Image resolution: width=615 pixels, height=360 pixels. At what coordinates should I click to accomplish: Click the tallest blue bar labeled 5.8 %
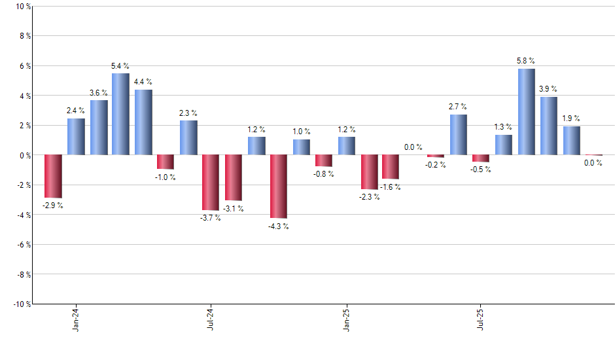coord(527,112)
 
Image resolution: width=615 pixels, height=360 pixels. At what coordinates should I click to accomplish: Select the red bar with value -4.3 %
coord(279,187)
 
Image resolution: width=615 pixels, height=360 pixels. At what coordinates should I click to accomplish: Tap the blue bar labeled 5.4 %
coord(120,114)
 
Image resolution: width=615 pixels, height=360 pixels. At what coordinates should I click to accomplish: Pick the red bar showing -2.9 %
coord(53,176)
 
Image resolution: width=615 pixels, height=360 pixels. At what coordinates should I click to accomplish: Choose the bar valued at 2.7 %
coord(459,135)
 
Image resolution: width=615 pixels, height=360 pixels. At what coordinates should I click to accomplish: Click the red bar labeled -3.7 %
coord(211,183)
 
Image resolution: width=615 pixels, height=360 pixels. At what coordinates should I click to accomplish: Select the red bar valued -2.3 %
coord(369,172)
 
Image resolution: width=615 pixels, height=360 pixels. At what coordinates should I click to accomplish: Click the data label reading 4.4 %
coord(143,82)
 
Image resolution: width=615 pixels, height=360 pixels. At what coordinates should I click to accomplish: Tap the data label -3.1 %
coord(233,209)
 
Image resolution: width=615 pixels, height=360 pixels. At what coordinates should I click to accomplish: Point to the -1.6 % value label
coord(391,187)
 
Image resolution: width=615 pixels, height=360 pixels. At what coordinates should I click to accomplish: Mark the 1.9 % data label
coord(571,118)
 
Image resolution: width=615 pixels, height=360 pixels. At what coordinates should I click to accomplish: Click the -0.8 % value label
coord(323,174)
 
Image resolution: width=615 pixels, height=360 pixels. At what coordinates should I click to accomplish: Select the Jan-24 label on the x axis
coord(76,318)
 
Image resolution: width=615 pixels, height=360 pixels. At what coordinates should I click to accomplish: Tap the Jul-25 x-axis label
coord(481,318)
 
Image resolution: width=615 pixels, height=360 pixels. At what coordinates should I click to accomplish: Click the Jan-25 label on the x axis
coord(346,318)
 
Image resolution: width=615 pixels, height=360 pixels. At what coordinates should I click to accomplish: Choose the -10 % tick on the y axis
coord(20,304)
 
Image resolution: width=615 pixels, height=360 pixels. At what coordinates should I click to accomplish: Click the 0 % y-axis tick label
coord(23,155)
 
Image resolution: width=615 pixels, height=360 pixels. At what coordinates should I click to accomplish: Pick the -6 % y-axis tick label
coord(22,244)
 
